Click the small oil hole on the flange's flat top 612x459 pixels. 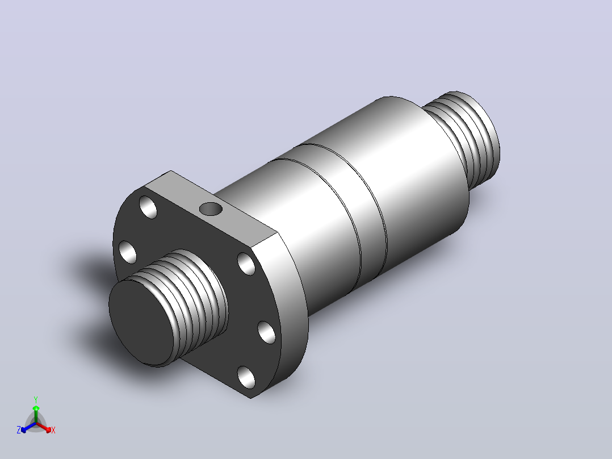coord(211,209)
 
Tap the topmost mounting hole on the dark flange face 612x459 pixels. coord(148,207)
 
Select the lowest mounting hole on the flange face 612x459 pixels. coord(246,377)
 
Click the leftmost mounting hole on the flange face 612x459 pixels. coord(128,252)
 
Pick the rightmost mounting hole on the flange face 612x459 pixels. coord(267,332)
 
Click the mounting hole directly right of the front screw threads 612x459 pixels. coord(246,264)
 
